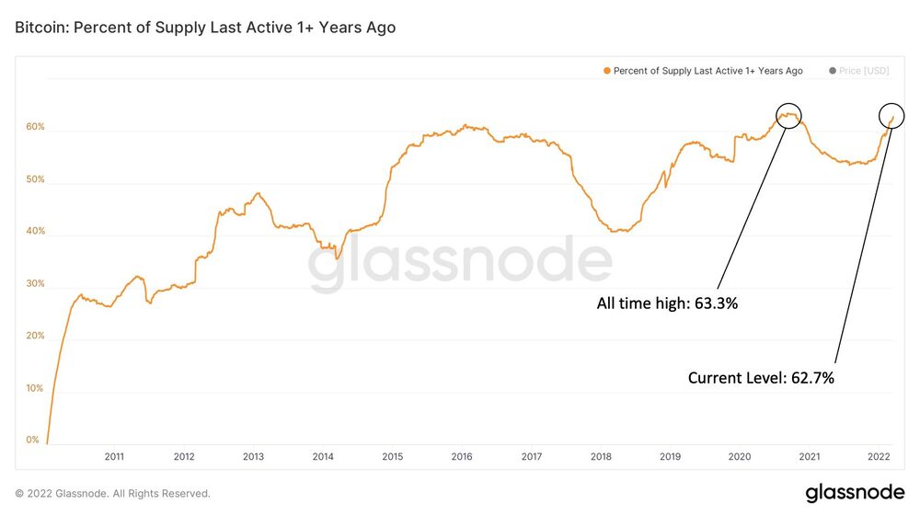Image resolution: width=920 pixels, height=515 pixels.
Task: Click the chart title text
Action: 205,28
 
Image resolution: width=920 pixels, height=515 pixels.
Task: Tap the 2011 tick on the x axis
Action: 114,456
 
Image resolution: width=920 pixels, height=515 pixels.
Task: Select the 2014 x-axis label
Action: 323,456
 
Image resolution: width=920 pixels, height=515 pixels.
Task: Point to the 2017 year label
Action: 531,456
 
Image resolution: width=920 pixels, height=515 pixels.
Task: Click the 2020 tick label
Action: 740,456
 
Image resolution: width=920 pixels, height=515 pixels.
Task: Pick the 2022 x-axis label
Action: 879,456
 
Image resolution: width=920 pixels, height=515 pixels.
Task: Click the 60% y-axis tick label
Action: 35,127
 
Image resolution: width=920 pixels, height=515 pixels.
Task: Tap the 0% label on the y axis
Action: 33,440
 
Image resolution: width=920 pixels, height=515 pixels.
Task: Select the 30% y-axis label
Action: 35,283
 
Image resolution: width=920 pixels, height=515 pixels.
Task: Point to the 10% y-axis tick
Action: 35,388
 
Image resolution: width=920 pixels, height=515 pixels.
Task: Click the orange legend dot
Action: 607,71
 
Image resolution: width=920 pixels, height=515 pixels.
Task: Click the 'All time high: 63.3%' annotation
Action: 667,303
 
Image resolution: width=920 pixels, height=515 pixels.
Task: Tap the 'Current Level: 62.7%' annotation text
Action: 761,377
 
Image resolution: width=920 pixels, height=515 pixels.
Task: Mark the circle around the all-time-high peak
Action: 788,115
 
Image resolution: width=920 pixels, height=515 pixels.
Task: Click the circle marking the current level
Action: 891,115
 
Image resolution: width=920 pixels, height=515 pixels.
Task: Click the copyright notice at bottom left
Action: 112,494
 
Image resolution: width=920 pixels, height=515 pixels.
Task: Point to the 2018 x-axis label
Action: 601,456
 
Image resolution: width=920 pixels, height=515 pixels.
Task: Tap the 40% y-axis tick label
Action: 35,231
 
